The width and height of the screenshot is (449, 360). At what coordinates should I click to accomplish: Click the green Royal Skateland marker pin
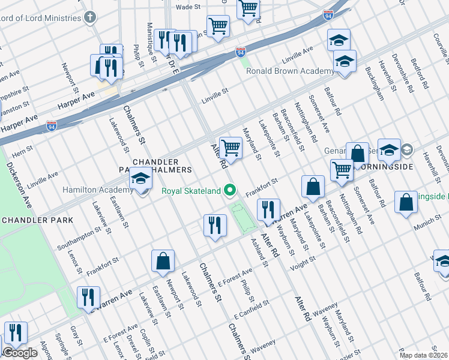coord(229,191)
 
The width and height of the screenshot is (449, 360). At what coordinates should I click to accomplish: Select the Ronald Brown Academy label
coord(290,71)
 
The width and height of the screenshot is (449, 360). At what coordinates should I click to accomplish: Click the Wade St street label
coord(187,7)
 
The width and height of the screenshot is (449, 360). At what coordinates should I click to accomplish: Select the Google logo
coord(20,353)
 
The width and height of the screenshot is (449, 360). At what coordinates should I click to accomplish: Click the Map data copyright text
coord(423,355)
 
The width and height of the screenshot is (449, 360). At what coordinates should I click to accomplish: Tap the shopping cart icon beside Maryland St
coord(230,147)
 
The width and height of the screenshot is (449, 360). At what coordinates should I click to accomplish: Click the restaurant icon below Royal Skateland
coord(214,226)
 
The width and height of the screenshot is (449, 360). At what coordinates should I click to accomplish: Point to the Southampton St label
coord(77,239)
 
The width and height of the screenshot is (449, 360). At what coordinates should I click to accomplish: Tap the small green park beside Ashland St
coord(243,217)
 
